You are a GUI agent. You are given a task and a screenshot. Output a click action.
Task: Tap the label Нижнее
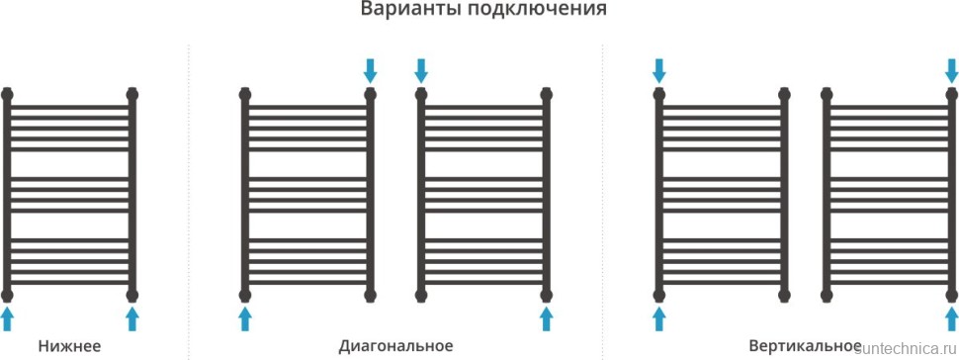(70, 346)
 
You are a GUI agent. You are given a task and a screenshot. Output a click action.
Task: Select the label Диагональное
(395, 346)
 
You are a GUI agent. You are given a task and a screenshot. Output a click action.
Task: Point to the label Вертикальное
(805, 346)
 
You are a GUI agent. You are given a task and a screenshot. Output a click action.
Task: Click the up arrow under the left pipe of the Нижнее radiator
(8, 318)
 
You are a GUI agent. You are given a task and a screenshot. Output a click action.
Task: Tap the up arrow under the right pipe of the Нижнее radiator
(132, 318)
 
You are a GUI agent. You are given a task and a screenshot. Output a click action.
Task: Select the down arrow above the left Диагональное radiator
(371, 70)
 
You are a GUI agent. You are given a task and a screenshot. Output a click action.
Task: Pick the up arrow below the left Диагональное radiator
(245, 318)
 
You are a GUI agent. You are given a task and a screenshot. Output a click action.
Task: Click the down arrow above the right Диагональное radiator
(421, 70)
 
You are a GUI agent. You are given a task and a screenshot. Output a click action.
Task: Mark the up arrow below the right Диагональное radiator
(546, 318)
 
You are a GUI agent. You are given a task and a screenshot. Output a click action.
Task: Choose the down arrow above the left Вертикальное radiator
(659, 70)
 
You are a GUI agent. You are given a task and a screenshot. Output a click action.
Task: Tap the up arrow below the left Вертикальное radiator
(659, 318)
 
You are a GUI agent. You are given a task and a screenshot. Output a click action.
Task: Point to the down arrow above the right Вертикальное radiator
(951, 70)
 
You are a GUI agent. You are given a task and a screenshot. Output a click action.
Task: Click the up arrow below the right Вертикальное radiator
(951, 318)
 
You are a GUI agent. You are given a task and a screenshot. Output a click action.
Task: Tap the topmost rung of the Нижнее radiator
(70, 106)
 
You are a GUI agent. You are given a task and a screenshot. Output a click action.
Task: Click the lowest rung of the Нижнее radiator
(70, 281)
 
